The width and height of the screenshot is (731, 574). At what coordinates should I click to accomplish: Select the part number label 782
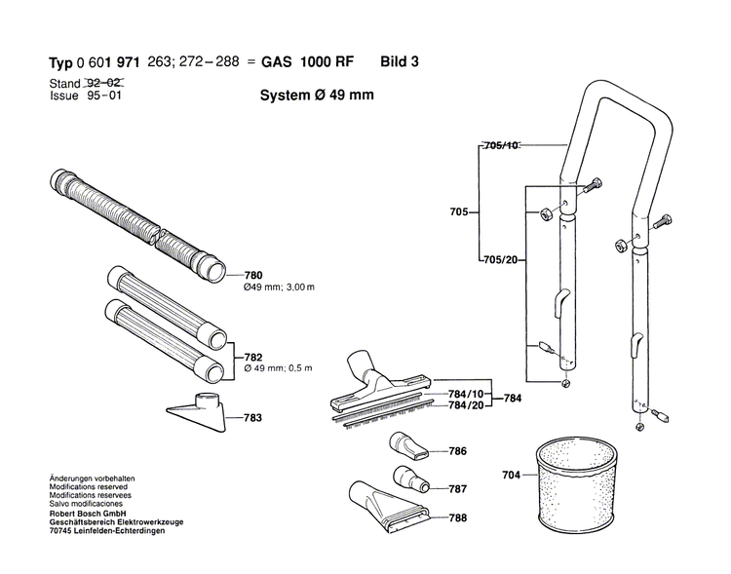254,356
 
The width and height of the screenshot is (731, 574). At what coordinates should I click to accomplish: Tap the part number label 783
254,417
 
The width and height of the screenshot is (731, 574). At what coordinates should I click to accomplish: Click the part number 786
459,451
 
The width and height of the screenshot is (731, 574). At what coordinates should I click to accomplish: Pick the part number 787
459,487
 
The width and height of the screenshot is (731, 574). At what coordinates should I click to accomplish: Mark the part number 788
459,518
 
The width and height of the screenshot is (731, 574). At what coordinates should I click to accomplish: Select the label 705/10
501,146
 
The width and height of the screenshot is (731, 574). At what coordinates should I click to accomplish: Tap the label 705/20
501,260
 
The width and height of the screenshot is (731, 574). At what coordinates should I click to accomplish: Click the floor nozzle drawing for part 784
375,385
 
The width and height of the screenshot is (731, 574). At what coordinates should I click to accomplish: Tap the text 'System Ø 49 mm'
317,96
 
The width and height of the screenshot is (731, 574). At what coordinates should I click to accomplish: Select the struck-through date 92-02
109,85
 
